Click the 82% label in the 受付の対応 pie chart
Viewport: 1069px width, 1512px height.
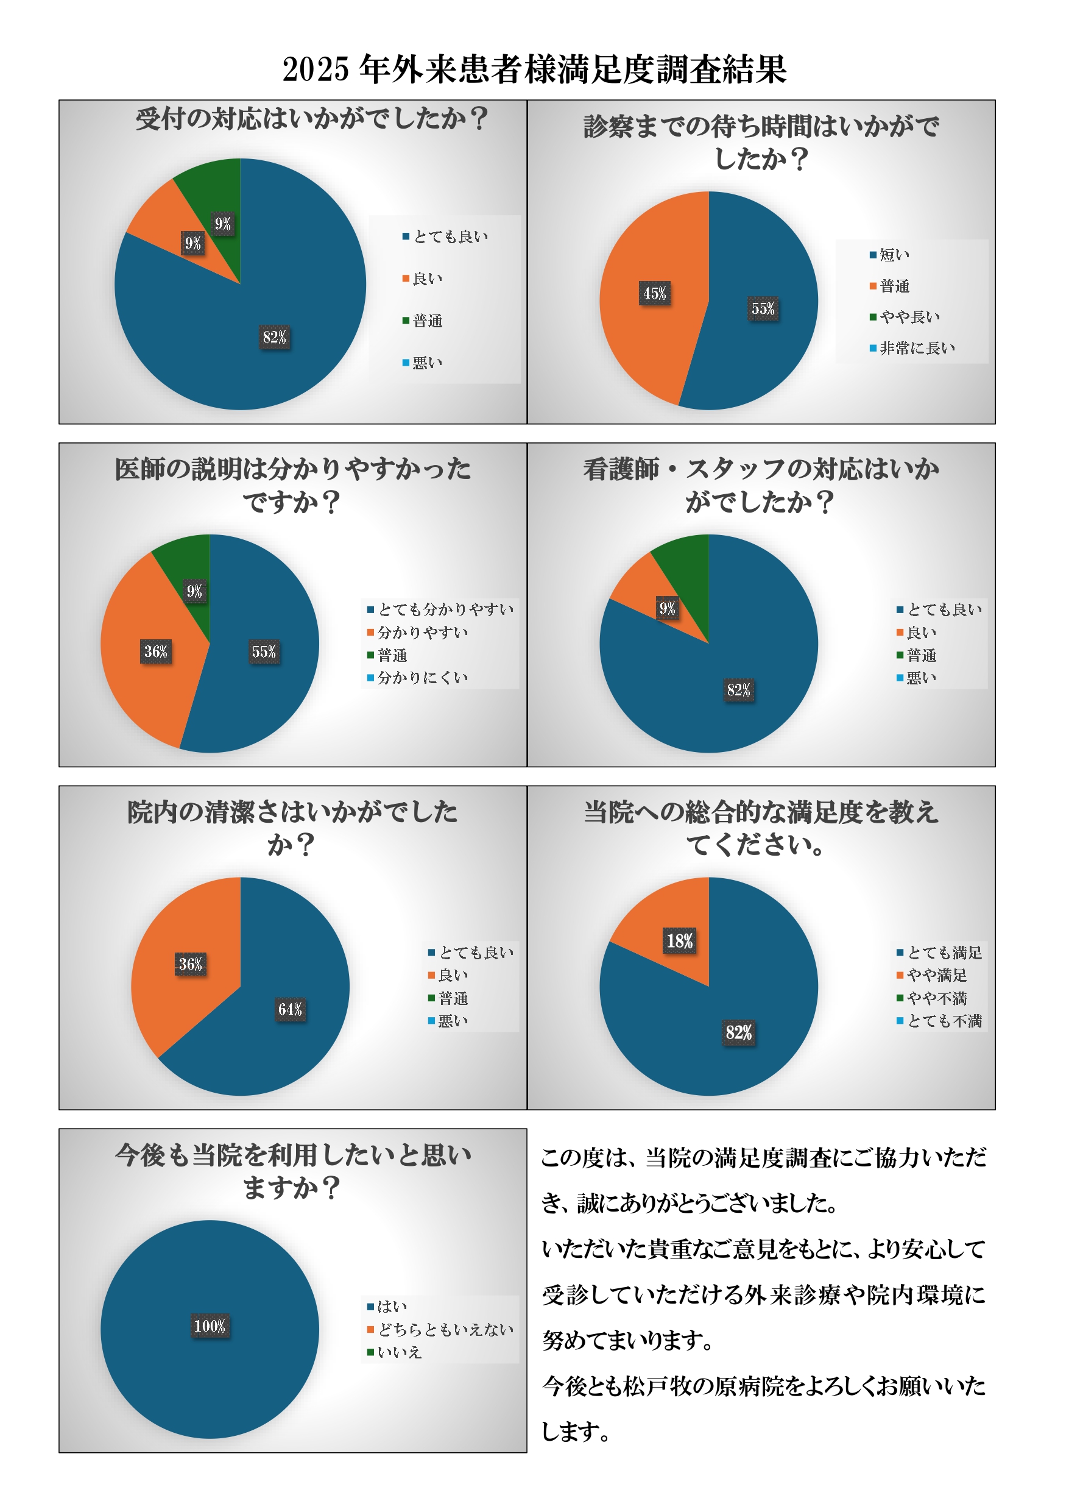(x=275, y=337)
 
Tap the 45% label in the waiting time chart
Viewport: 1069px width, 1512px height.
(x=654, y=293)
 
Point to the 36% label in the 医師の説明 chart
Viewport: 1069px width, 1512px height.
(x=156, y=651)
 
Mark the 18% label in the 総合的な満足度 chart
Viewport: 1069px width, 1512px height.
(x=679, y=940)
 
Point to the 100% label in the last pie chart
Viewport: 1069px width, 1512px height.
(x=210, y=1326)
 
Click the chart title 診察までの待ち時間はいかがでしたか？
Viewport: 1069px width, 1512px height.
(x=761, y=142)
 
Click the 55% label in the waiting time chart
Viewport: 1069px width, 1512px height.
(x=763, y=308)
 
